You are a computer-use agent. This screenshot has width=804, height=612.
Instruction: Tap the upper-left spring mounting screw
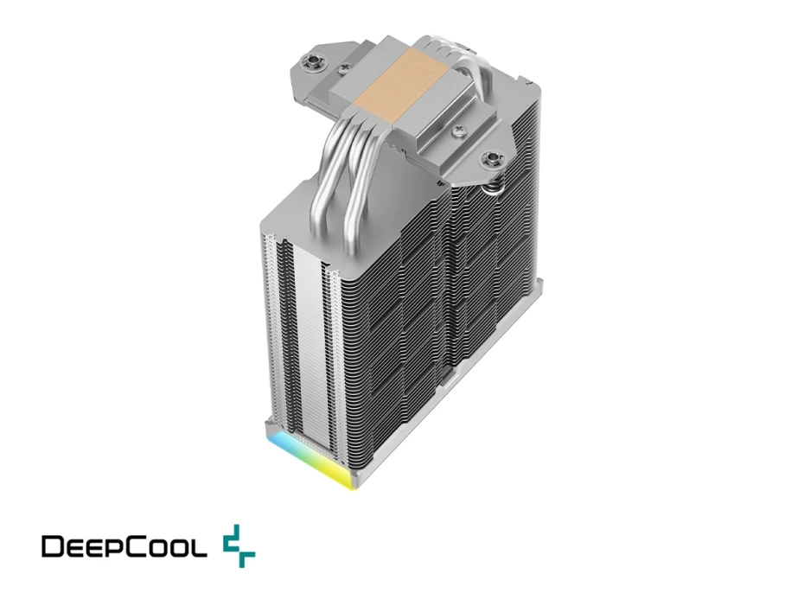(x=309, y=61)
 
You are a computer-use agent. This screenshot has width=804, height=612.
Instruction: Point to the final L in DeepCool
(x=200, y=546)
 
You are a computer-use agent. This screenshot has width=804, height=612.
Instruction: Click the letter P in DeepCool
(x=112, y=546)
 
